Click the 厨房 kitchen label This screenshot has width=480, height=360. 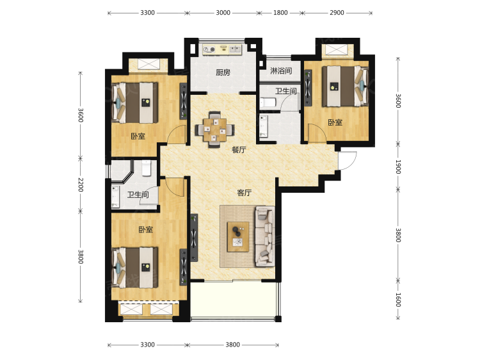click(223, 72)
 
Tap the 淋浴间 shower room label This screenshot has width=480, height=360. click(281, 70)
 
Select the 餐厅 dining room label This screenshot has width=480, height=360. click(239, 150)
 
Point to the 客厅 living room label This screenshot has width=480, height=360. click(244, 193)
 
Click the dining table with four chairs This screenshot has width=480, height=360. click(215, 129)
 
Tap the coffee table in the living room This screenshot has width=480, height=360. click(237, 237)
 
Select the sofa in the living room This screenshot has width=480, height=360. click(265, 236)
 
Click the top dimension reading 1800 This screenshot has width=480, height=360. click(280, 13)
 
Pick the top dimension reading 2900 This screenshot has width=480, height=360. click(337, 13)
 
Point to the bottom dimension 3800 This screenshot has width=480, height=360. click(233, 345)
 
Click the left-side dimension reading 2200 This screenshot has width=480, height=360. click(81, 184)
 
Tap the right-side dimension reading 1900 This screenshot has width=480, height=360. click(398, 167)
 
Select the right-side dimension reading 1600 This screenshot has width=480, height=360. click(398, 300)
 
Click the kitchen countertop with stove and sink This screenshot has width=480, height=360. click(222, 49)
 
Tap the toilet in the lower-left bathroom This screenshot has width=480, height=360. click(147, 168)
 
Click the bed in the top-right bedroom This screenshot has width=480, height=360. click(346, 86)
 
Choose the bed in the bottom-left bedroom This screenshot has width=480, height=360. click(134, 268)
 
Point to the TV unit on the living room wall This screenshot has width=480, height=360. click(194, 238)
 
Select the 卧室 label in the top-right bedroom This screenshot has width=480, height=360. click(335, 122)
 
